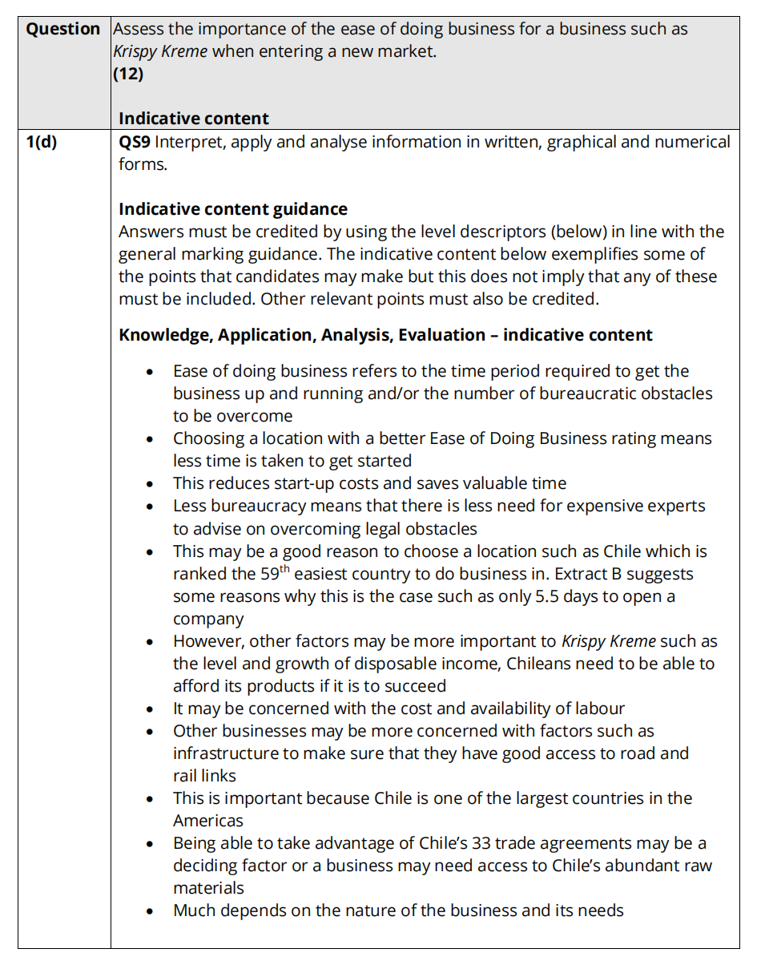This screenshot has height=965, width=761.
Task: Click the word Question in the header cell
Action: click(63, 30)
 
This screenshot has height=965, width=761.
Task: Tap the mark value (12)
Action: click(128, 75)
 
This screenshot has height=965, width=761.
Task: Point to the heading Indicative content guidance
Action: click(232, 209)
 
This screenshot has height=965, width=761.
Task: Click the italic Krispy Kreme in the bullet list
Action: click(609, 641)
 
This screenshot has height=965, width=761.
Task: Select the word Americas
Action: click(207, 821)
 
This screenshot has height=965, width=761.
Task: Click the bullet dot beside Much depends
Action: click(150, 911)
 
